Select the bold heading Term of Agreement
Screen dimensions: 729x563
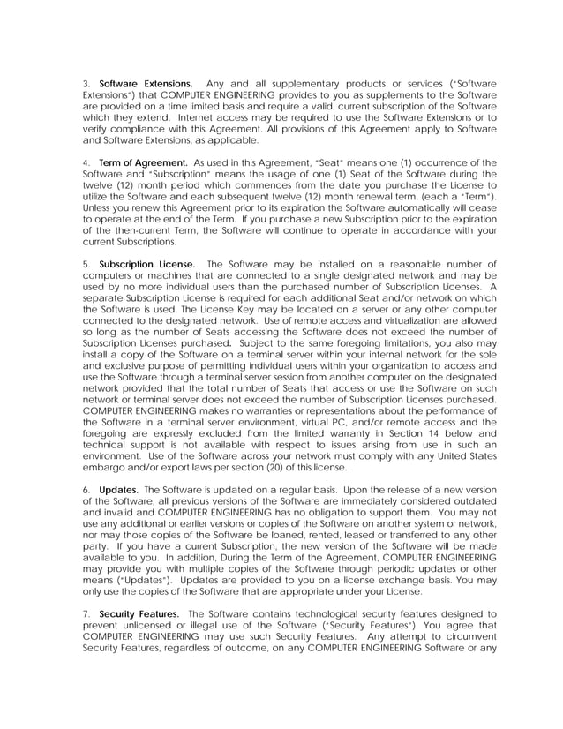(x=143, y=162)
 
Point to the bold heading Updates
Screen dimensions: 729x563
(x=117, y=489)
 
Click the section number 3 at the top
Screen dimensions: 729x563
(x=86, y=84)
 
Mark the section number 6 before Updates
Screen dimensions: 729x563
(x=86, y=489)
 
